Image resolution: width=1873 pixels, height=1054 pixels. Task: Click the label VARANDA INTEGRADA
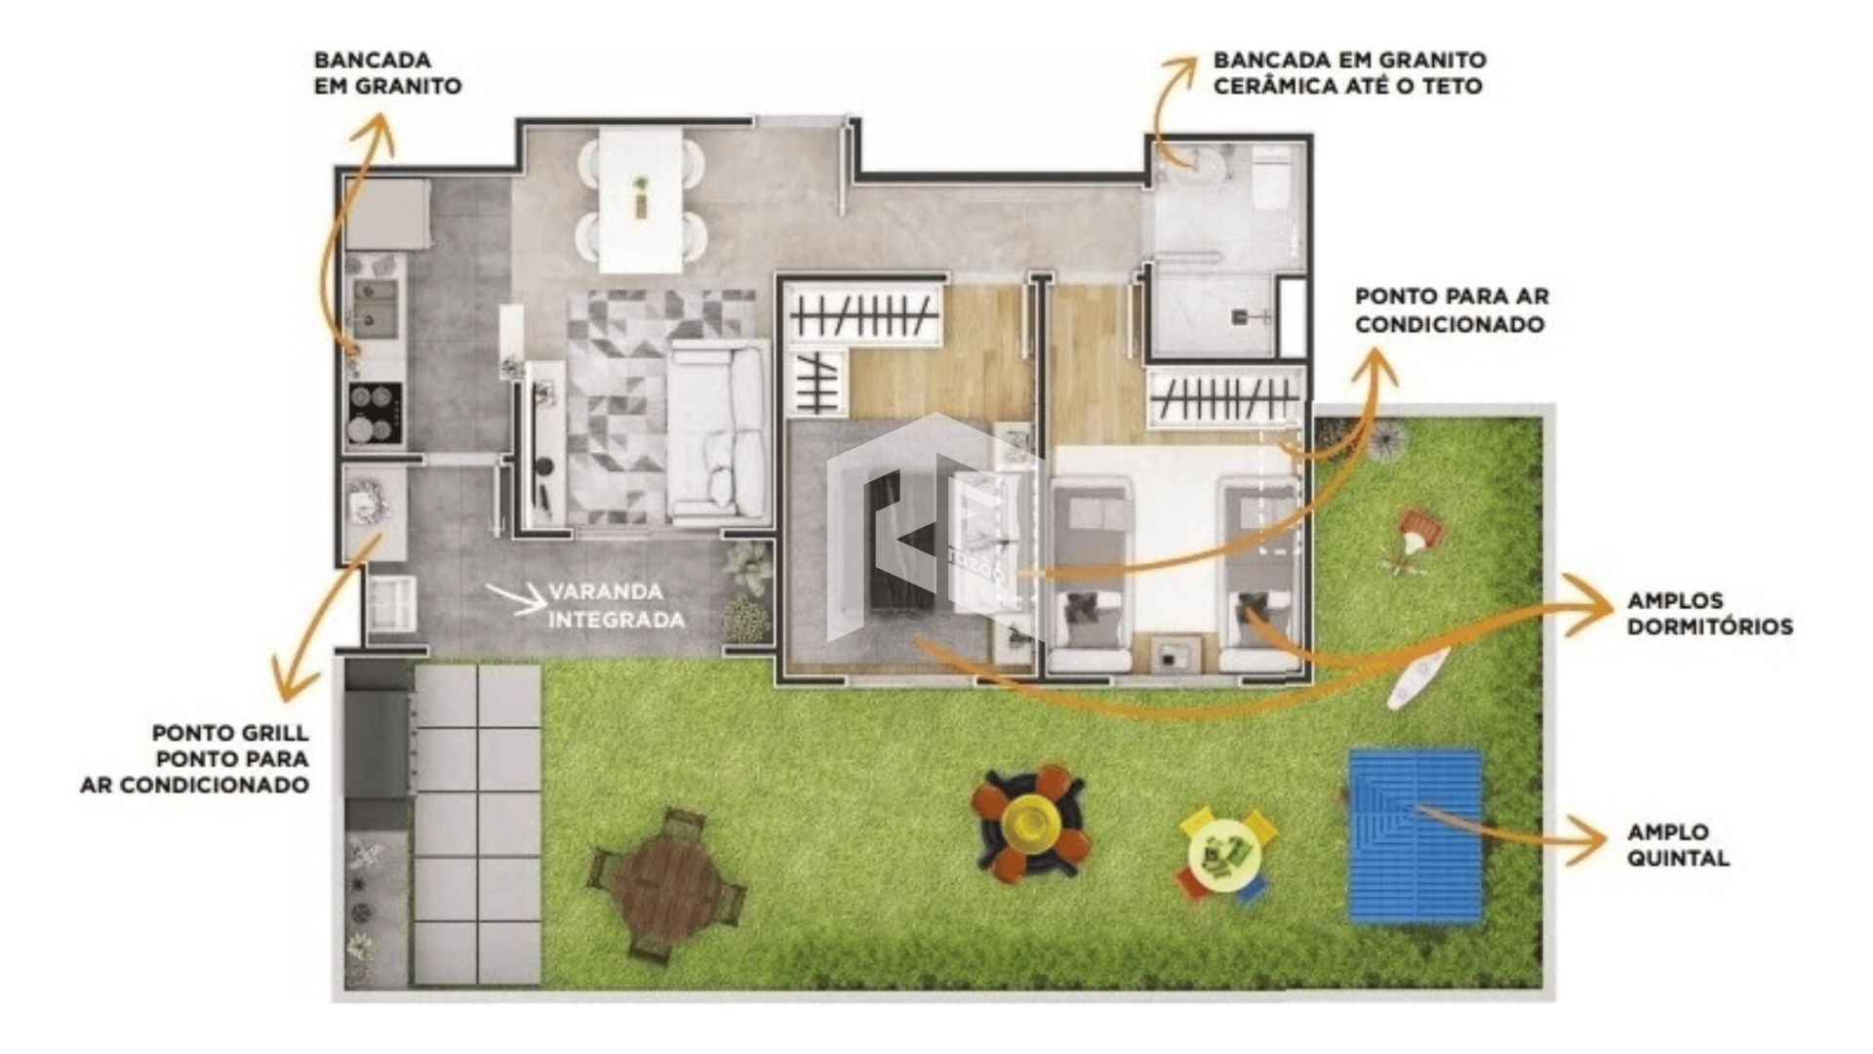[x=616, y=605]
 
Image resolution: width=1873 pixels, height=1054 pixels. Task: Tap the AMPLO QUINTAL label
[x=1678, y=845]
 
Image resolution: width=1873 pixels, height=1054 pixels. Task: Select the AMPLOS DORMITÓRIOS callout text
[x=1709, y=614]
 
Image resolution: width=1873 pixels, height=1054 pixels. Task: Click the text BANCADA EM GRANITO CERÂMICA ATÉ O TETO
[x=1349, y=73]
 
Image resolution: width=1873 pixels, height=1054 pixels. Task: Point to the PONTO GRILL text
[x=230, y=733]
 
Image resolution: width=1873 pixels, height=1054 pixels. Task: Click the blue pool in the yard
[x=1415, y=835]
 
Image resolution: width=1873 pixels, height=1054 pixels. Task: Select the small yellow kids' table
[x=1223, y=854]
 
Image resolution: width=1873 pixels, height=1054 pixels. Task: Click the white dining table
[x=640, y=201]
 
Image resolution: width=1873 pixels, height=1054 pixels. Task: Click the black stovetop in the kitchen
[x=375, y=413]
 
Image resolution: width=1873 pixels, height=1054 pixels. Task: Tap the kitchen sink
[x=376, y=306]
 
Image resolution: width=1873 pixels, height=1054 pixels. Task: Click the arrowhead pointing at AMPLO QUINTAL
[x=1586, y=841]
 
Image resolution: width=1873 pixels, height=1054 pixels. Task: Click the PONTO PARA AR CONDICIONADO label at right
[x=1452, y=310]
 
